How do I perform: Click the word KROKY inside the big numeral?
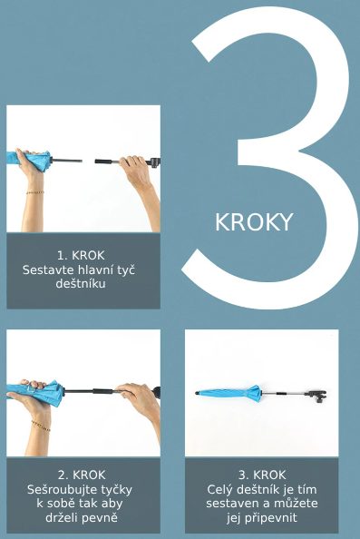point(254,222)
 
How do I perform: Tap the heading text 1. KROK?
point(81,255)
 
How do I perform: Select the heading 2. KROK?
point(82,475)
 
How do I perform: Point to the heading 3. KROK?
point(262,475)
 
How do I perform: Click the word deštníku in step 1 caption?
point(81,284)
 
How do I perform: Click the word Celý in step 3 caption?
point(219,489)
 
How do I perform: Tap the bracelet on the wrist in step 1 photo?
point(35,191)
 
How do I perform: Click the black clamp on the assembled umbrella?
point(317,396)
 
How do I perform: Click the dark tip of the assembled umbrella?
point(197,392)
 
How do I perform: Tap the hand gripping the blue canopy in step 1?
point(31,162)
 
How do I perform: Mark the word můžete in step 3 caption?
point(296,504)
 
